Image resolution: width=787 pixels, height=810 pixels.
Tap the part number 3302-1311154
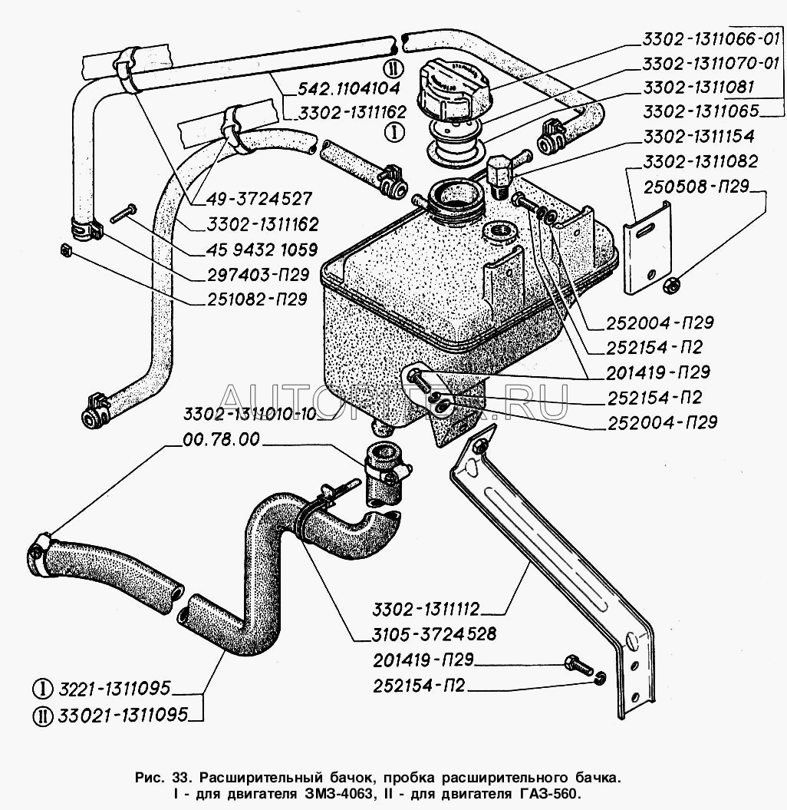pyautogui.click(x=698, y=137)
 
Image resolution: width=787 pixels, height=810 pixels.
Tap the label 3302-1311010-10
pyautogui.click(x=249, y=415)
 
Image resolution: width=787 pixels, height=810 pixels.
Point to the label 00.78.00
pyautogui.click(x=222, y=440)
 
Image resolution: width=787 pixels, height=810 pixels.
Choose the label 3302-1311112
pyautogui.click(x=426, y=610)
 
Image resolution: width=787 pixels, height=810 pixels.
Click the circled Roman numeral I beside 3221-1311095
pyautogui.click(x=43, y=688)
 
